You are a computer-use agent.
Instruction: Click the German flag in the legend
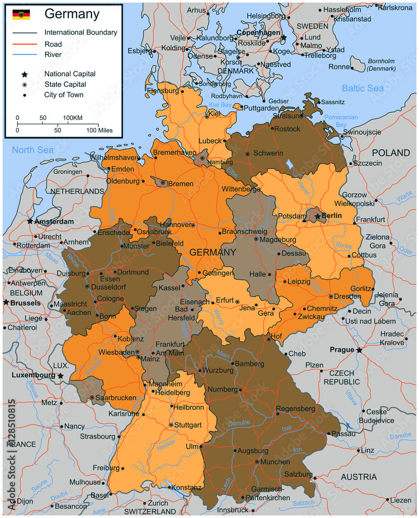point(21,15)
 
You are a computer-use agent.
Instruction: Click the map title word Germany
point(72,14)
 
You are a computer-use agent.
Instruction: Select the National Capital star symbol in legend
point(24,74)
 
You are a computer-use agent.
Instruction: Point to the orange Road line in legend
point(24,45)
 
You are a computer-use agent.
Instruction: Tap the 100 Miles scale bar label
point(100,130)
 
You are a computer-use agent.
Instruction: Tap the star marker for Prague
point(360,350)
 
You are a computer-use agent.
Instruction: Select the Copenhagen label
point(258,33)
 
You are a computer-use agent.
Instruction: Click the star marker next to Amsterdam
point(30,221)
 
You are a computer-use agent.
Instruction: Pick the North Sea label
point(33,150)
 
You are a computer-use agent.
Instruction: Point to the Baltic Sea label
point(363,88)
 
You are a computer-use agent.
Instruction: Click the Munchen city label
point(275,462)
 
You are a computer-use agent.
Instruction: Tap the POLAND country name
point(391,153)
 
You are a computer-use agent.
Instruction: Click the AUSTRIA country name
point(359,477)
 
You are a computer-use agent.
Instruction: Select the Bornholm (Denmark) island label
point(382,65)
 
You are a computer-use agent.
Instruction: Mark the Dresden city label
point(347,296)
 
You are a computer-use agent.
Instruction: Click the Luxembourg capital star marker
point(61,375)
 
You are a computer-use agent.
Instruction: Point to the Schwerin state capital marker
point(247,153)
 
